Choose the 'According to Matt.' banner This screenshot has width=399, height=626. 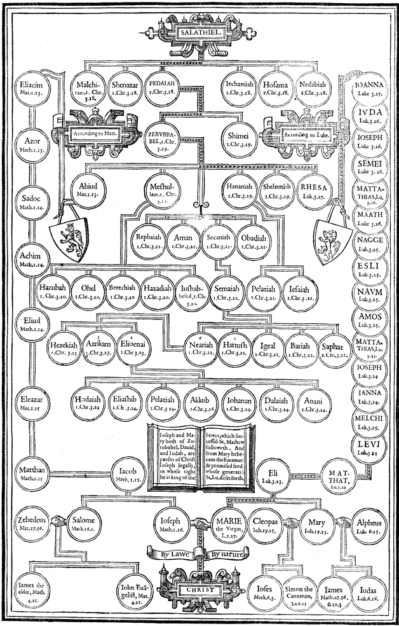tap(88, 134)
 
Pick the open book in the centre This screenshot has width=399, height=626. tap(199, 454)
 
